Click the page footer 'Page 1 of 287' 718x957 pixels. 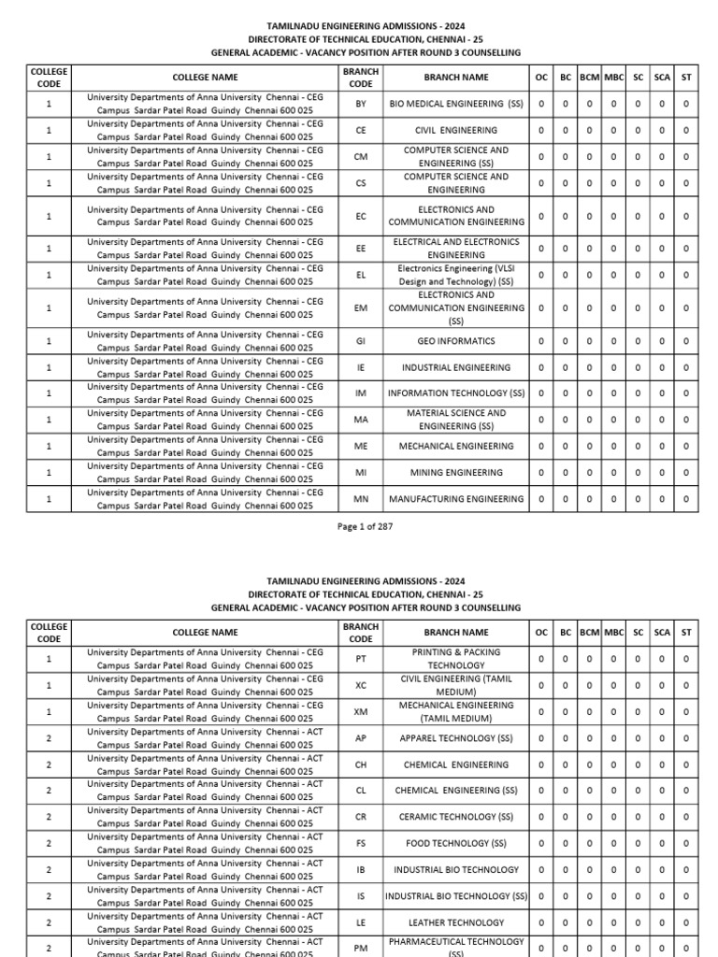click(365, 526)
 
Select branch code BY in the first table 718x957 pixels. click(361, 104)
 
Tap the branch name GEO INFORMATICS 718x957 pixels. click(456, 341)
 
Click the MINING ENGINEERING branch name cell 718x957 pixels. click(456, 473)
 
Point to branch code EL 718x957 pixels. click(361, 275)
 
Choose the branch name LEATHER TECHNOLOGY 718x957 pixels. click(456, 922)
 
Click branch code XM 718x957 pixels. click(361, 711)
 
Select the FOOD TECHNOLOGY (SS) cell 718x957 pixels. click(456, 843)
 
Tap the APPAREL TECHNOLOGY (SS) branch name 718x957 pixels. click(456, 737)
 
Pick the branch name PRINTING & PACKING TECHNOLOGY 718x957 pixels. click(456, 659)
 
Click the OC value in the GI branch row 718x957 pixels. click(541, 341)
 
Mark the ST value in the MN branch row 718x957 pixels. click(686, 499)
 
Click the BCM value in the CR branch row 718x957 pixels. click(589, 817)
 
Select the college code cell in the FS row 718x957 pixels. click(49, 843)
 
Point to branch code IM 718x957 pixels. click(361, 393)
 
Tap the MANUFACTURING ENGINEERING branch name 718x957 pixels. click(456, 499)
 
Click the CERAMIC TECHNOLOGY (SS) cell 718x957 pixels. click(456, 817)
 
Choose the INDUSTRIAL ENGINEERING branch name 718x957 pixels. click(456, 367)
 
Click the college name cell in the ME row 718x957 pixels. click(205, 446)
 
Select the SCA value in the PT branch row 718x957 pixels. click(662, 659)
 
